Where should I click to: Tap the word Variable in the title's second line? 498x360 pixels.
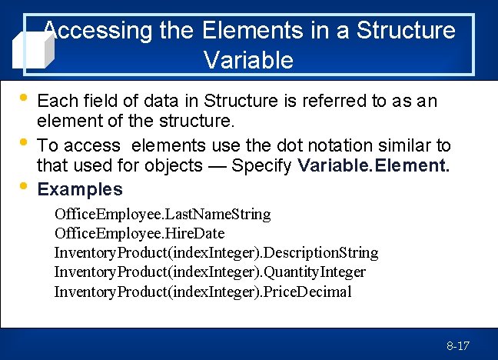[x=249, y=60]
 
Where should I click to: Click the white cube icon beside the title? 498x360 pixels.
[x=33, y=48]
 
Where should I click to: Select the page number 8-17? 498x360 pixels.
[x=458, y=345]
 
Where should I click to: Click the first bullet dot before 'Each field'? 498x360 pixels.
[x=22, y=98]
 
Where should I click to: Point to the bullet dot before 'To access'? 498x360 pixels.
[x=22, y=143]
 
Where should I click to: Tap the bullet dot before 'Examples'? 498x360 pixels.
[x=22, y=187]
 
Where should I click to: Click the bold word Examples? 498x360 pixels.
[x=80, y=189]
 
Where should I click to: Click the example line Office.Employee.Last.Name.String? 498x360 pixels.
[x=162, y=213]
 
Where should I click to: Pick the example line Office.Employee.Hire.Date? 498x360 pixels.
[x=139, y=232]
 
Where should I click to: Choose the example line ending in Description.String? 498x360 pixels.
[x=216, y=252]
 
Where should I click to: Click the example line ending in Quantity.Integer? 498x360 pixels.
[x=210, y=272]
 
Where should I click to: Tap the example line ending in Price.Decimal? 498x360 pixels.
[x=203, y=292]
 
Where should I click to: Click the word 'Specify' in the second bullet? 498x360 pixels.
[x=262, y=166]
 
